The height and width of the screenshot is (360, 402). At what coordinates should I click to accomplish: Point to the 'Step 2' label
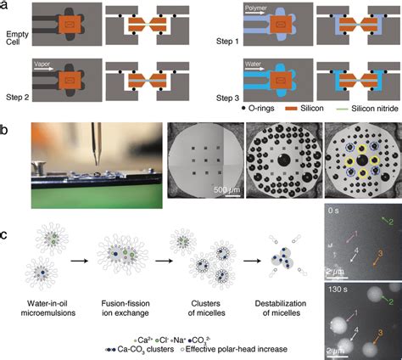tap(16, 98)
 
